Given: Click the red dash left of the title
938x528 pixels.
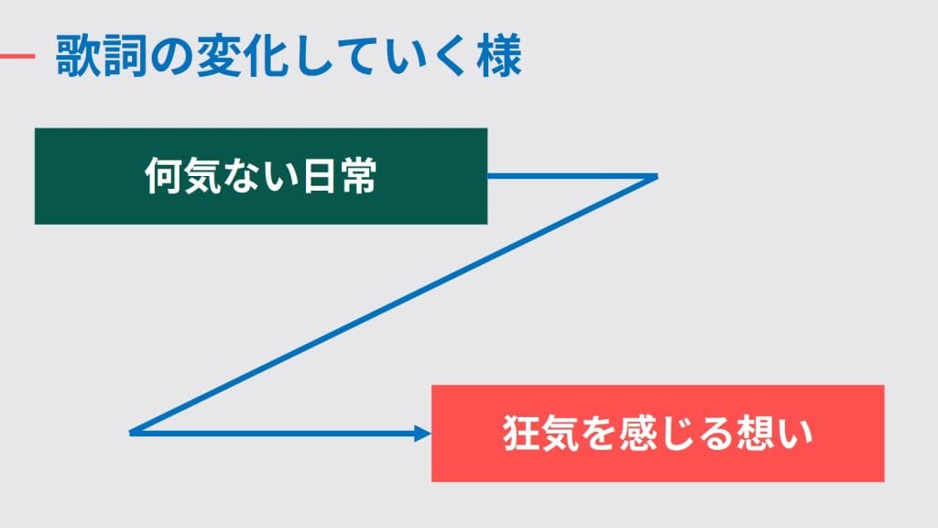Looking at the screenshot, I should tap(16, 57).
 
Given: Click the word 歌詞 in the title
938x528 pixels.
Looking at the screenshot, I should tap(97, 57).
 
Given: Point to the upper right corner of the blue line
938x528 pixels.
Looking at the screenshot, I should tap(656, 175).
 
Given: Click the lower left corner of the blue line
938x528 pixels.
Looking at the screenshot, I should tap(133, 432).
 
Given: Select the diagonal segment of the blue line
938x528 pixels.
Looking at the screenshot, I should tap(394, 303).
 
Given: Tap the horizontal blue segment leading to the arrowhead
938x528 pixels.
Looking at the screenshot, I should tap(275, 433).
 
